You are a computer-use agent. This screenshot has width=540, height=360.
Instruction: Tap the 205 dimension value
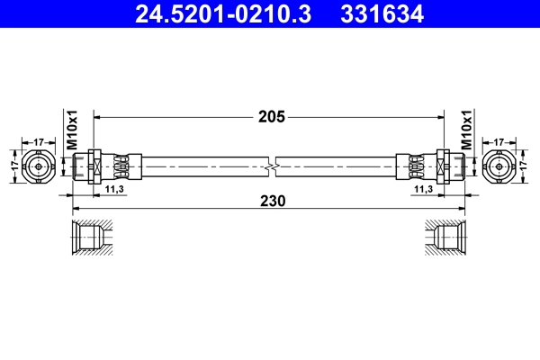(x=271, y=116)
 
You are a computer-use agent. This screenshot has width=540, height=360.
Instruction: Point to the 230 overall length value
(x=271, y=202)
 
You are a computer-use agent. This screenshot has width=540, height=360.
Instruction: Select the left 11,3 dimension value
(x=114, y=190)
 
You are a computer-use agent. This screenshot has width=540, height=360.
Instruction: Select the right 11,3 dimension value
(x=425, y=190)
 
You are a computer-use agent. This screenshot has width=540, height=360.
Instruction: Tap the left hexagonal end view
(x=40, y=167)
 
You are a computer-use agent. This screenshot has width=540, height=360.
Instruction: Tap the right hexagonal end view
(x=499, y=167)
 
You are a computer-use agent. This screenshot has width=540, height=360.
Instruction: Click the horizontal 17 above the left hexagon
(x=40, y=141)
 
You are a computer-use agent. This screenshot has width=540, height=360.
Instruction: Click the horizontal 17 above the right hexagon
(x=499, y=141)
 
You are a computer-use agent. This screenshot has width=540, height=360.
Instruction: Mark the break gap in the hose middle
(x=271, y=167)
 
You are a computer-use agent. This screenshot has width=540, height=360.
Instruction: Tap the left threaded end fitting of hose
(x=88, y=167)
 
